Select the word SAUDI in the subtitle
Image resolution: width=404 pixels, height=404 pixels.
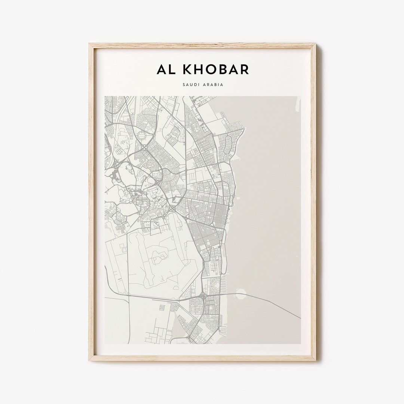pos(191,85)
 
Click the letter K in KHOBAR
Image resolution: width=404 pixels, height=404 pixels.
pos(183,69)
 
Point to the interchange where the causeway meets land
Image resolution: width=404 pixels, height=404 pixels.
pos(202,297)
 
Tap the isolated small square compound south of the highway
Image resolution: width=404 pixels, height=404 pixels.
pos(162,307)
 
